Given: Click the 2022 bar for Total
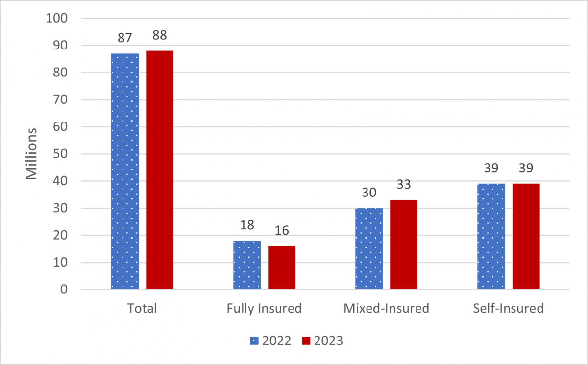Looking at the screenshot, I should click(x=125, y=171).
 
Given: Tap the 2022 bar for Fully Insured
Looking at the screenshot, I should click(x=247, y=265).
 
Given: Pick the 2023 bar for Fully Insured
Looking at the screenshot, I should click(x=282, y=268).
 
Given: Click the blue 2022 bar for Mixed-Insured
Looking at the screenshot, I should click(x=369, y=248).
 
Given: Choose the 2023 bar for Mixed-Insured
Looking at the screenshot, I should click(x=404, y=244).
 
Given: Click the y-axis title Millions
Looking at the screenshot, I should click(x=31, y=154).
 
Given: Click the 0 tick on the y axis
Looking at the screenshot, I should click(x=64, y=290).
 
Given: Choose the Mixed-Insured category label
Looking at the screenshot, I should click(x=386, y=308).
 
